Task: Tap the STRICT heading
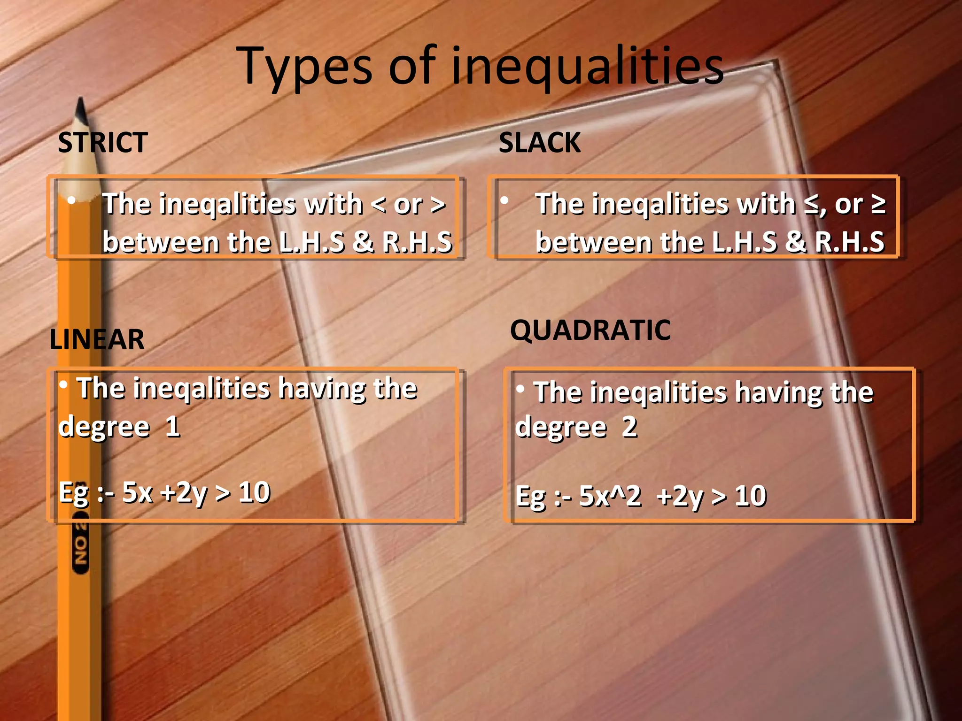(103, 142)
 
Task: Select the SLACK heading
(540, 142)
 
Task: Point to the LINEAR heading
(97, 339)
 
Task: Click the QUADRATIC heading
(590, 330)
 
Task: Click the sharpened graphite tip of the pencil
(81, 111)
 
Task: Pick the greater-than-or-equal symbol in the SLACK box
(878, 204)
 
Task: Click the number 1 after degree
(172, 426)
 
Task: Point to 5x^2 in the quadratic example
(610, 496)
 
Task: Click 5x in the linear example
(137, 492)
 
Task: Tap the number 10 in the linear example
(254, 492)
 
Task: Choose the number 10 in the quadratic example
(750, 496)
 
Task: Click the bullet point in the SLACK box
(504, 201)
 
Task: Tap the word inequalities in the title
(587, 67)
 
